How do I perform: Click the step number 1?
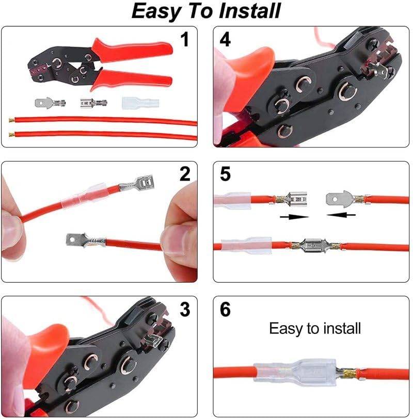tap(185, 40)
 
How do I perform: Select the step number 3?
tap(185, 310)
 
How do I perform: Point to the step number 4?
tap(226, 40)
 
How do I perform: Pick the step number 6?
tap(226, 310)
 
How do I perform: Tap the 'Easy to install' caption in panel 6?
tap(314, 328)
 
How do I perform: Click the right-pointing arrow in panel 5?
tap(294, 217)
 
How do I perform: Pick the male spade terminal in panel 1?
tap(49, 103)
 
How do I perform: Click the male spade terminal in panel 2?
tap(83, 239)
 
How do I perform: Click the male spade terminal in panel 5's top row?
tap(342, 198)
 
